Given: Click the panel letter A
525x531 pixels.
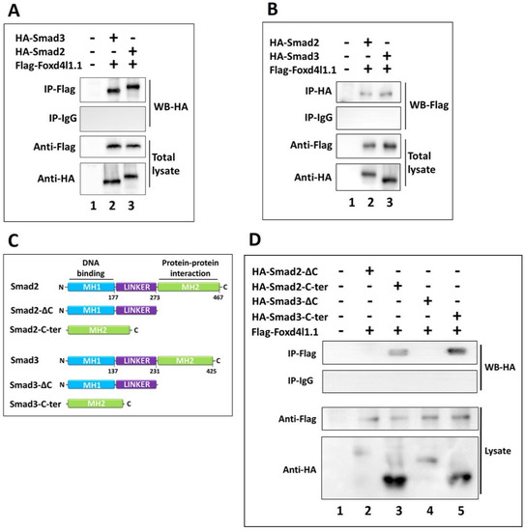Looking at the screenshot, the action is click(x=14, y=11).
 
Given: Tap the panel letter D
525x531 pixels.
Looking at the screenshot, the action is click(x=254, y=239).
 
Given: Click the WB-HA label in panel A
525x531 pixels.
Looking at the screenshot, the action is click(x=170, y=106).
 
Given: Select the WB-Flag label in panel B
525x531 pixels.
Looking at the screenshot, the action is click(x=429, y=105).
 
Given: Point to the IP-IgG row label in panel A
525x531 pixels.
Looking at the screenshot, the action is click(x=63, y=119).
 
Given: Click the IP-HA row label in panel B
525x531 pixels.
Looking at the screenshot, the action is click(x=318, y=91).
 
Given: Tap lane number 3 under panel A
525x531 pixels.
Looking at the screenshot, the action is click(x=131, y=206).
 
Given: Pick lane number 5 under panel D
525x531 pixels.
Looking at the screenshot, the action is click(x=460, y=511).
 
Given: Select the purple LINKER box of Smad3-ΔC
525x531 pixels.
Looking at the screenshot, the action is click(x=136, y=384).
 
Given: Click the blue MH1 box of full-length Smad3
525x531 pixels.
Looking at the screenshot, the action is click(x=91, y=361).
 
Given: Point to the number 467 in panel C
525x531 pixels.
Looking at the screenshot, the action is click(x=219, y=297).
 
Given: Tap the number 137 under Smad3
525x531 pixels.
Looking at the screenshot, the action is click(x=113, y=371).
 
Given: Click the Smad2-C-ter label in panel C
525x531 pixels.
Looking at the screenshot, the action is click(x=35, y=330).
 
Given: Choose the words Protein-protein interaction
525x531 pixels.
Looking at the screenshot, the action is click(x=190, y=267).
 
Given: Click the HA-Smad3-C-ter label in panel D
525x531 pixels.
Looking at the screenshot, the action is click(x=290, y=317).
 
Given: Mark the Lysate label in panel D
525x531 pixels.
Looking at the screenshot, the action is click(x=498, y=452).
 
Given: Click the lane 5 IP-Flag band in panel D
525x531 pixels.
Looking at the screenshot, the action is click(x=456, y=351).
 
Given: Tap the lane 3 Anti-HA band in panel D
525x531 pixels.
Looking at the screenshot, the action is click(x=394, y=480).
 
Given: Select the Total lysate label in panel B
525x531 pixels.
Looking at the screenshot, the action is click(x=422, y=162).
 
